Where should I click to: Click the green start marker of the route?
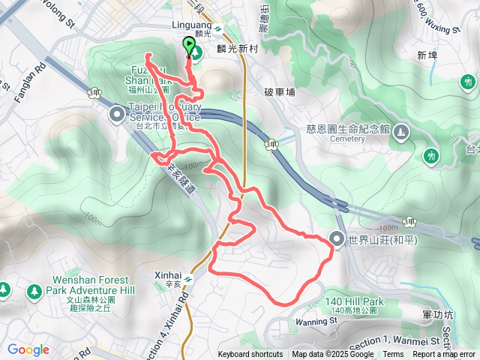pos(187,46)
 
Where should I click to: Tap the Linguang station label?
pos(193,24)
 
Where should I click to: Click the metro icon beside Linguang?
pos(217,29)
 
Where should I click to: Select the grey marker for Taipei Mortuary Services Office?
pos(118,114)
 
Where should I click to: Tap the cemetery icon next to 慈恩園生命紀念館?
pos(402,133)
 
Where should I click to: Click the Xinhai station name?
pos(167,275)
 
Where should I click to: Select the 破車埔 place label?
pos(280,92)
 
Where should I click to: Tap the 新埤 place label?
pos(427,55)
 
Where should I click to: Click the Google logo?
pos(28,349)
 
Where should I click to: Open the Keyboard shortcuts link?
pos(250,355)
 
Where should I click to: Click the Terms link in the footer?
pos(393,355)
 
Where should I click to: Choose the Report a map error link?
pos(444,355)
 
